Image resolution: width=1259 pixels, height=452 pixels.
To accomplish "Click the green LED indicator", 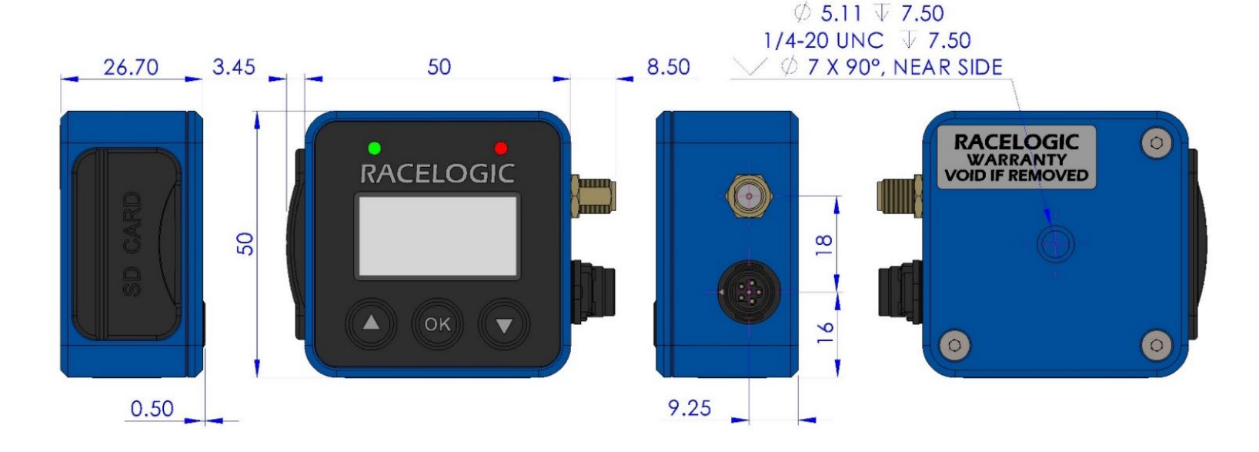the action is (x=374, y=149).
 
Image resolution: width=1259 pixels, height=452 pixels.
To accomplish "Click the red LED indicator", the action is (x=500, y=149).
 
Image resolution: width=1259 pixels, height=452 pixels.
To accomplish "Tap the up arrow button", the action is (x=371, y=324).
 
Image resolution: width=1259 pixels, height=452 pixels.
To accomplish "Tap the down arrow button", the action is (x=503, y=325).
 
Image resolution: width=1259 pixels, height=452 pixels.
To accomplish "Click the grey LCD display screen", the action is (x=437, y=236).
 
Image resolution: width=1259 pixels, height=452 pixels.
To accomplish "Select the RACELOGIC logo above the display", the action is (x=437, y=174).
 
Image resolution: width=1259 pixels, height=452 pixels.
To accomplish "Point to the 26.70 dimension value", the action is (x=131, y=68).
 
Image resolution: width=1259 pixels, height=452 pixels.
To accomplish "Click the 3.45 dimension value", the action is (x=234, y=67).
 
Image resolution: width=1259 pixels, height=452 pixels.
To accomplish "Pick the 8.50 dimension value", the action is (x=668, y=67).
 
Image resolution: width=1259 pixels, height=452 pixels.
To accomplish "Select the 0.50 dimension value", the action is (x=152, y=409).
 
